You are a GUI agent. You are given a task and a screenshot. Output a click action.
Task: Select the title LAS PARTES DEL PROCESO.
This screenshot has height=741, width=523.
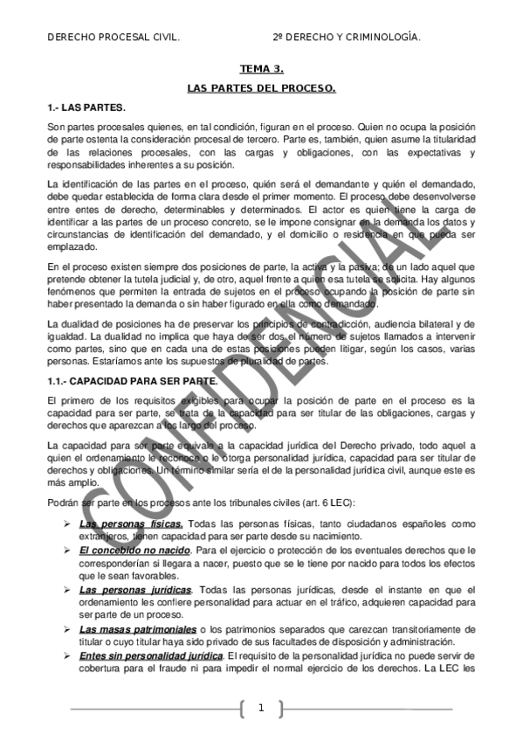click(261, 89)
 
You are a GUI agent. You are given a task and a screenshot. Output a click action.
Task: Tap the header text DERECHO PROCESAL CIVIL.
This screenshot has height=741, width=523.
click(114, 38)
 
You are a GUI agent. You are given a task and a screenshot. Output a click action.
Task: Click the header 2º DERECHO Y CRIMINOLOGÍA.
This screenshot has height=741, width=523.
click(347, 38)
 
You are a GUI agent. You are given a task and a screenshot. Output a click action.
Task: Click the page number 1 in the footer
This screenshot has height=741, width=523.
click(261, 709)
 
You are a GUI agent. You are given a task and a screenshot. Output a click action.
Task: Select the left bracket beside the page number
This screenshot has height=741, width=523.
click(241, 709)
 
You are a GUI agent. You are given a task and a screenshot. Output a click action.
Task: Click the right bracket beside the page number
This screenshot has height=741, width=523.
click(281, 709)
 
